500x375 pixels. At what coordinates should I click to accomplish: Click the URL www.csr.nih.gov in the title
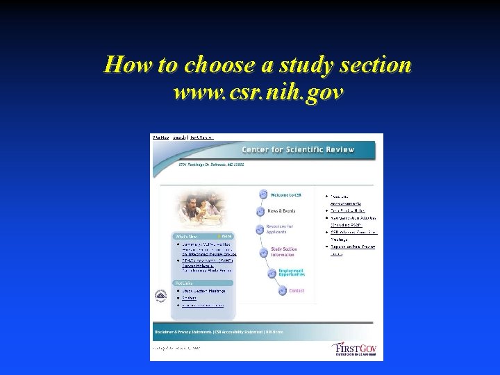(x=258, y=91)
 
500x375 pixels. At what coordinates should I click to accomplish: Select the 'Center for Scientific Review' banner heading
(x=297, y=149)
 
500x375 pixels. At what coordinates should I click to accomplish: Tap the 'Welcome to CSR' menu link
(x=285, y=195)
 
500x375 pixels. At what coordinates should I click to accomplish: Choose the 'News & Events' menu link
(x=281, y=210)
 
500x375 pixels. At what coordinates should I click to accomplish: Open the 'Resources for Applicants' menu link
(x=280, y=229)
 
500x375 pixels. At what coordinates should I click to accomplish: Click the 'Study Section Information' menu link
(x=283, y=251)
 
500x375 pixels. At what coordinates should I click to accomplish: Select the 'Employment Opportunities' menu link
(x=291, y=273)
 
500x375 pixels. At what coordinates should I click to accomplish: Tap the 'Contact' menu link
(x=297, y=290)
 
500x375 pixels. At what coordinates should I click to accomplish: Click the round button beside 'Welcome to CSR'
(x=264, y=195)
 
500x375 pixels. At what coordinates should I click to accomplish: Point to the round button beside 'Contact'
(x=282, y=290)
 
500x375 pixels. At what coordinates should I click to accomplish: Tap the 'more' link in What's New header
(x=225, y=237)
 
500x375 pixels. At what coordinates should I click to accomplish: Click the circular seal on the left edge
(x=160, y=297)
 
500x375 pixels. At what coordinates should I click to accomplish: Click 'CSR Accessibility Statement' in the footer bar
(x=242, y=332)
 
